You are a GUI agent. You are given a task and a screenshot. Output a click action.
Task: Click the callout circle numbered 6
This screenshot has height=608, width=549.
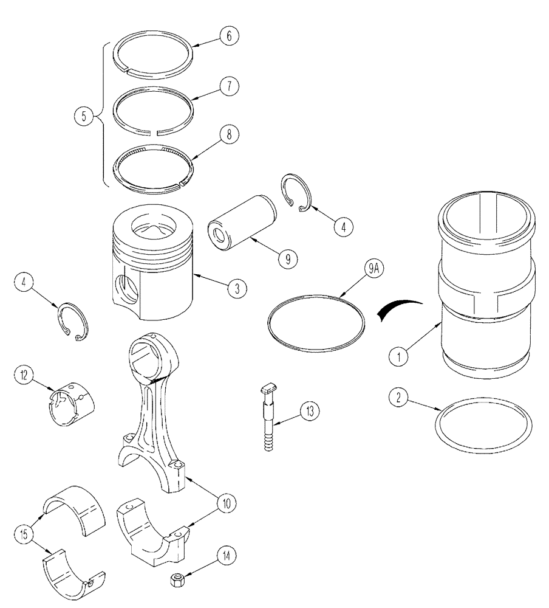click(230, 36)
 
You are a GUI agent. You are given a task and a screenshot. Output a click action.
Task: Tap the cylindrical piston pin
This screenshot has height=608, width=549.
click(240, 221)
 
